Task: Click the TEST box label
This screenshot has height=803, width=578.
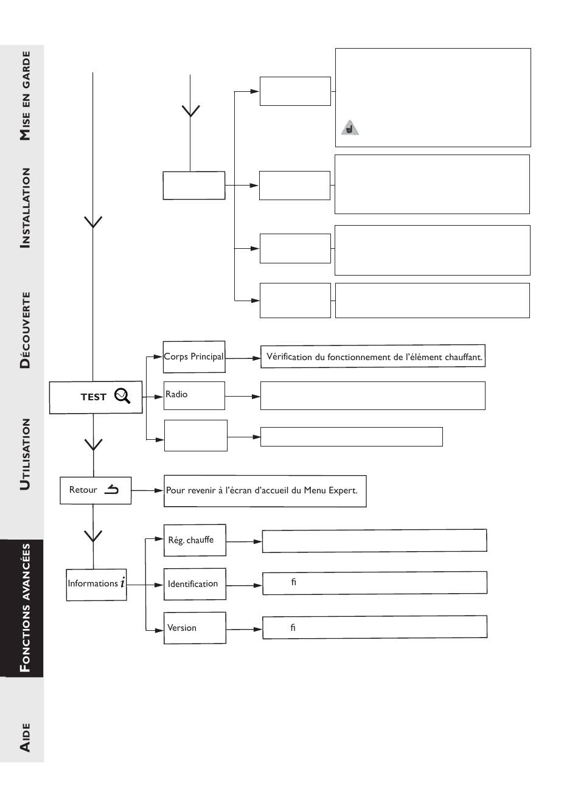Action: click(93, 397)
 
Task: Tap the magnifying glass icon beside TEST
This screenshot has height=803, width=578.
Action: click(122, 396)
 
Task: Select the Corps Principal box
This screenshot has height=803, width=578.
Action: click(194, 356)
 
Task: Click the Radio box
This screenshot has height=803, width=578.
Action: click(194, 395)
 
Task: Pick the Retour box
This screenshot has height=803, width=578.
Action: click(96, 490)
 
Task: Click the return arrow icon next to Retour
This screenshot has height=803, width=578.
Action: click(111, 489)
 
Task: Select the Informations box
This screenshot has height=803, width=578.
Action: click(97, 585)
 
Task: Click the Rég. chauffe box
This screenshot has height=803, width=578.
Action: click(195, 540)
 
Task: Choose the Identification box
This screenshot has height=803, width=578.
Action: click(195, 584)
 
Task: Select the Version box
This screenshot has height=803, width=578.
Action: click(195, 628)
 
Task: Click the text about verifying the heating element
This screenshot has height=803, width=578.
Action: click(374, 356)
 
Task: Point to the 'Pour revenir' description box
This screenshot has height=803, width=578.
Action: click(265, 491)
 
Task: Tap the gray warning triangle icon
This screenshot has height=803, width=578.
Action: click(350, 128)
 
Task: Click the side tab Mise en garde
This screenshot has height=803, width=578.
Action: click(25, 96)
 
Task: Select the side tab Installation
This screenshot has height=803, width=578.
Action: click(25, 208)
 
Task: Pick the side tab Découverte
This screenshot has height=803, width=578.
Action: click(25, 330)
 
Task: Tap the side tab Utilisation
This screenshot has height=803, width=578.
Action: click(25, 454)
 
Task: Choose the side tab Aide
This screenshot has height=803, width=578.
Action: click(25, 737)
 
